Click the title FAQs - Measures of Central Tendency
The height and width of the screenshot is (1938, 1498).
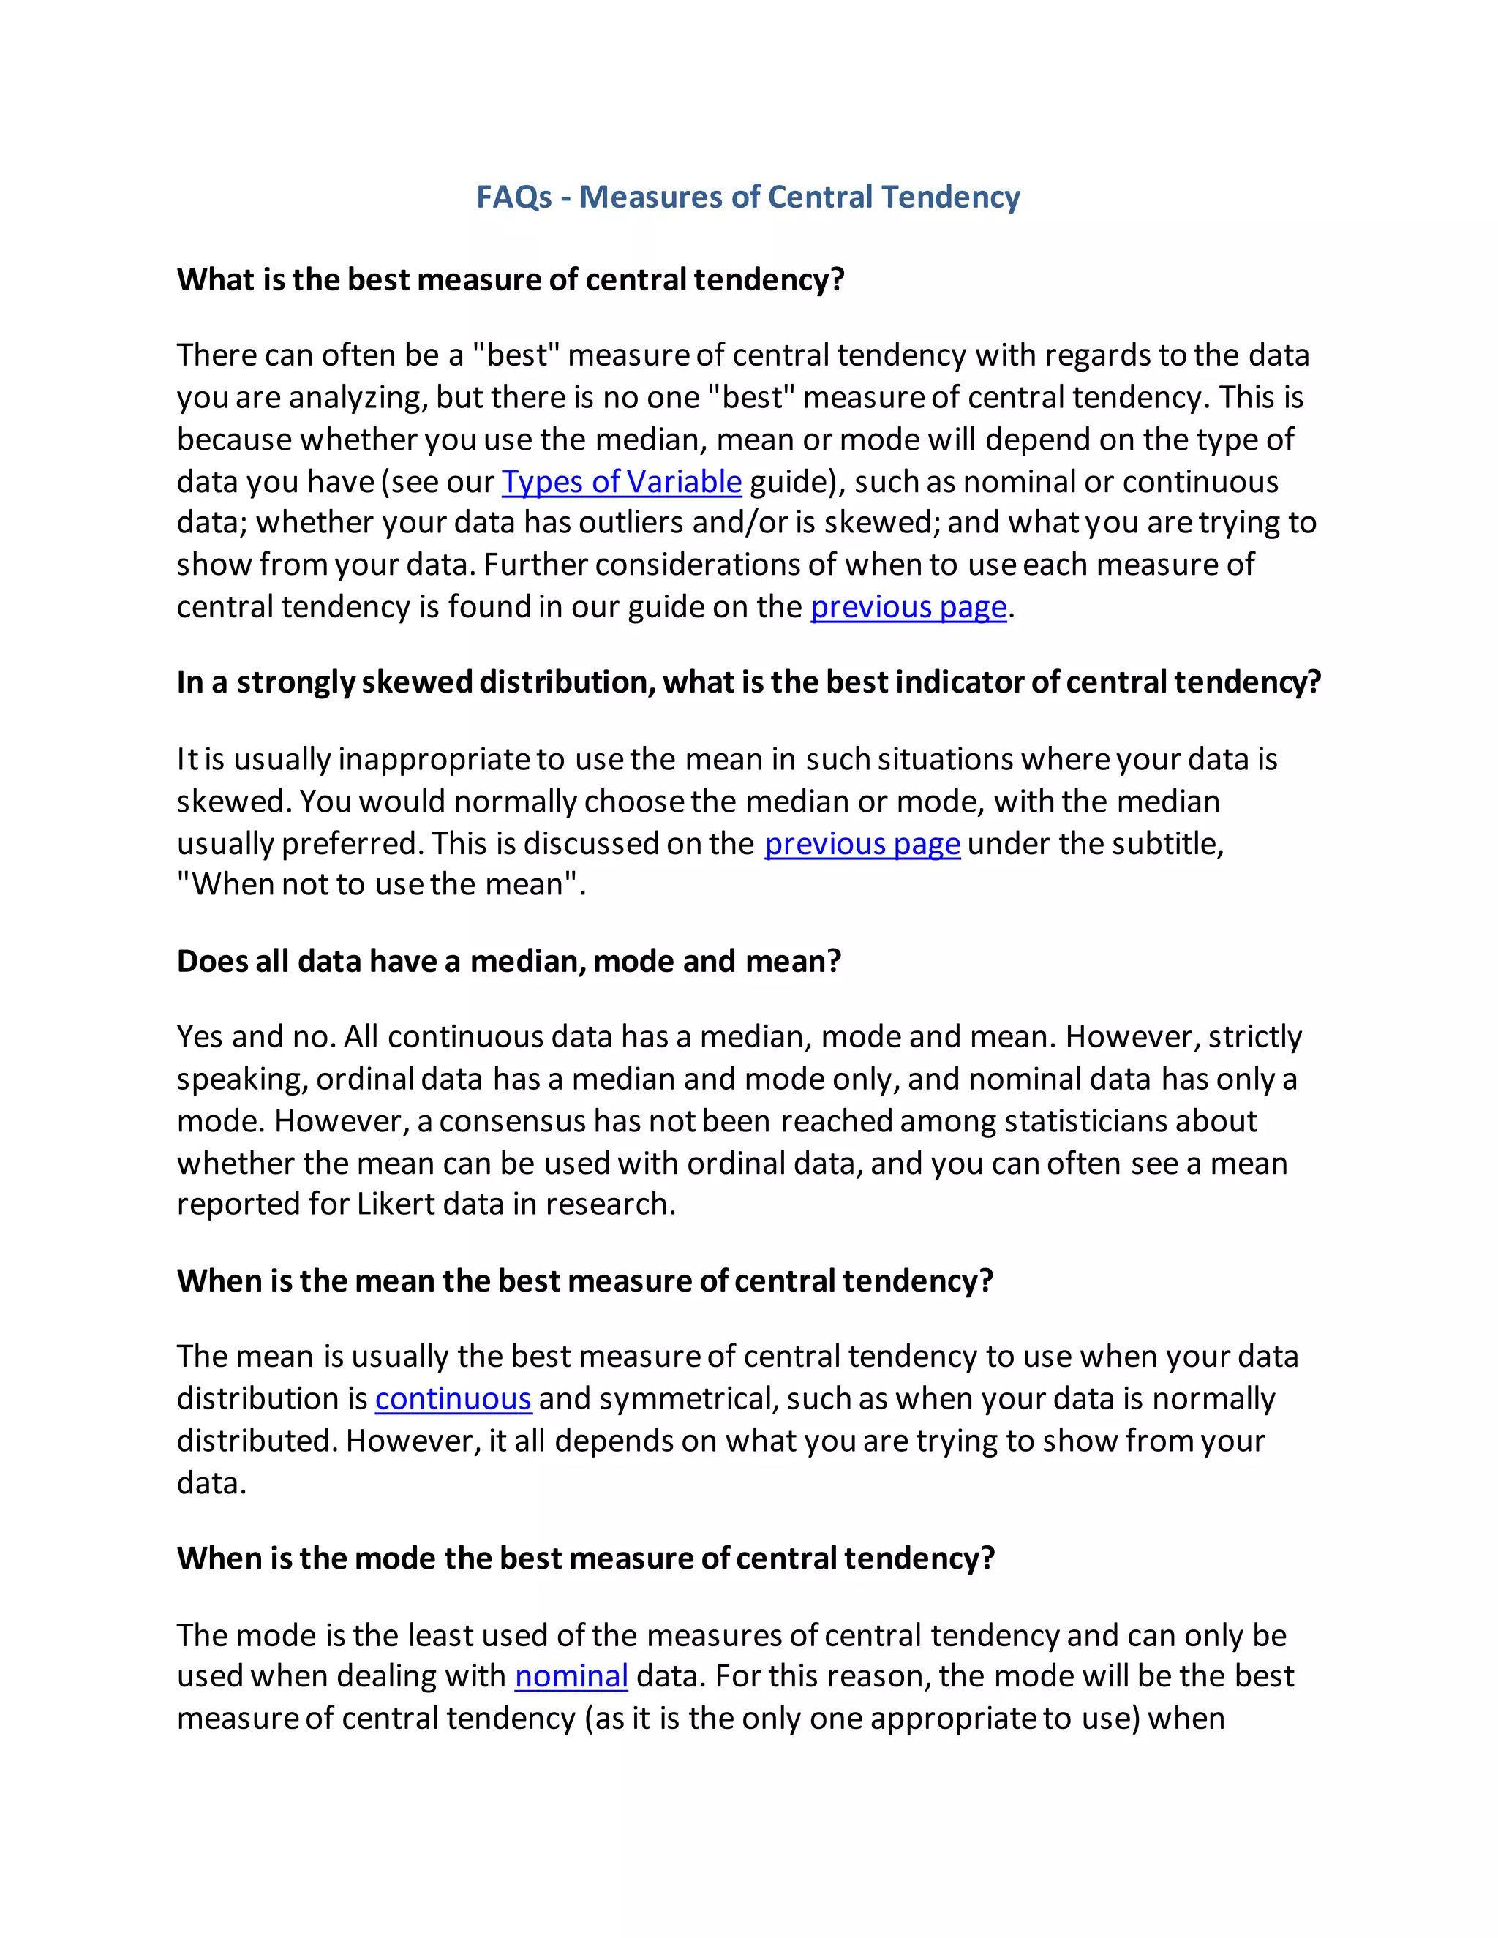[x=748, y=197]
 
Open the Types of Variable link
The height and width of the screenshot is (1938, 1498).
[x=621, y=482]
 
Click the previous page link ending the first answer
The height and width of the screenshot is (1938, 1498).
[x=908, y=607]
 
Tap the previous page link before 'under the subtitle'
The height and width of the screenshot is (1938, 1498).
[x=862, y=844]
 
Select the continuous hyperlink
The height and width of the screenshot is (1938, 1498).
[x=453, y=1398]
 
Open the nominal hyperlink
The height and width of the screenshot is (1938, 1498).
[x=571, y=1676]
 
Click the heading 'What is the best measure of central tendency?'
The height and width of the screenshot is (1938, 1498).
[x=511, y=279]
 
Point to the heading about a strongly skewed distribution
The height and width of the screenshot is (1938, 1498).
[x=748, y=682]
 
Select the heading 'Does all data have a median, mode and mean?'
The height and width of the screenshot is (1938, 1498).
[x=508, y=961]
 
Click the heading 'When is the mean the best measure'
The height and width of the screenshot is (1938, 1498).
[x=585, y=1281]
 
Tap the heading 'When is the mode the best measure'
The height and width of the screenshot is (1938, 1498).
[x=586, y=1558]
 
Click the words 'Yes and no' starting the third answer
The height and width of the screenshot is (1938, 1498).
[x=255, y=1036]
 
